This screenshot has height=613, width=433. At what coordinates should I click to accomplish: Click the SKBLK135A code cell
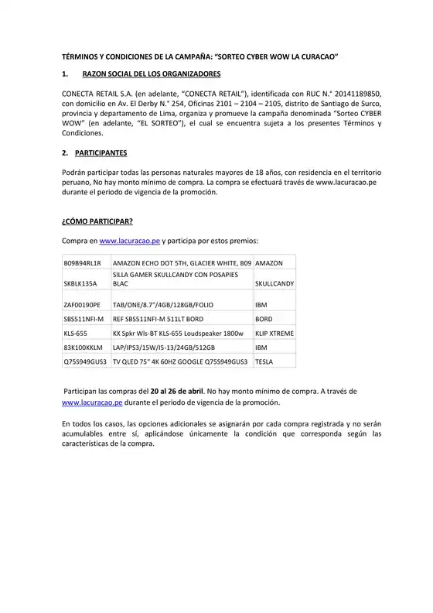(x=80, y=284)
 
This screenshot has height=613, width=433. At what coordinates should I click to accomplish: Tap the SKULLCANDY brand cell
(x=274, y=284)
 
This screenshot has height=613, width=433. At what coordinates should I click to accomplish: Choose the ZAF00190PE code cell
(x=82, y=305)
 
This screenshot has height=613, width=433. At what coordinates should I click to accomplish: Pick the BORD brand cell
(x=264, y=319)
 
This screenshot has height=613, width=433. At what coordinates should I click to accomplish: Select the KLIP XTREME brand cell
(x=274, y=333)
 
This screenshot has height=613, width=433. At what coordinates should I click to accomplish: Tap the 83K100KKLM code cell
(x=83, y=347)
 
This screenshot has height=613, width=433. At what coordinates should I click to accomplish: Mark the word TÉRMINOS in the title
(x=80, y=57)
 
